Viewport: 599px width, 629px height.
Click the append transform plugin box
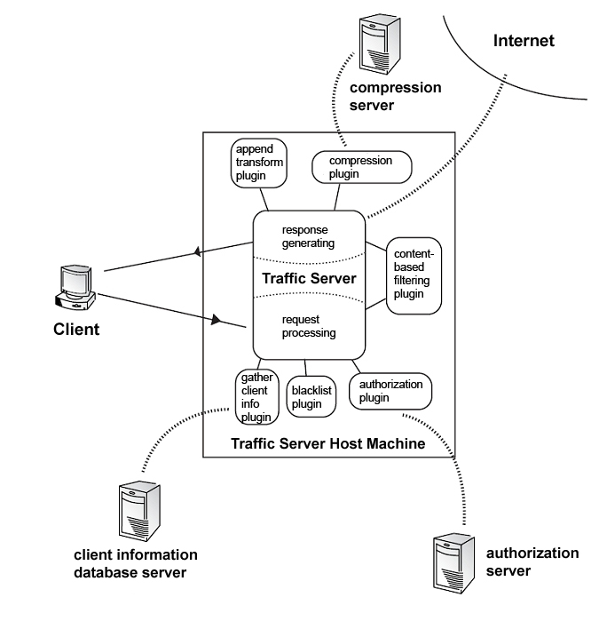point(258,163)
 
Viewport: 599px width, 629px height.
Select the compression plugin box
point(362,167)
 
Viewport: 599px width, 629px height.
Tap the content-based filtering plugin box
point(414,275)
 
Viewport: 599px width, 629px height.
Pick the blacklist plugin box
point(311,397)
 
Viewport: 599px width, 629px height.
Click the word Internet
point(524,41)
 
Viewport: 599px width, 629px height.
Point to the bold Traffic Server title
point(309,279)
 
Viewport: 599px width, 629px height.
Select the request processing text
point(309,326)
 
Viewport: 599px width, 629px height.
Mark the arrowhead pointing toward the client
point(198,253)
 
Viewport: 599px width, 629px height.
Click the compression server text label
point(395,97)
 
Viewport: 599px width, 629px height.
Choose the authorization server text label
point(532,561)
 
